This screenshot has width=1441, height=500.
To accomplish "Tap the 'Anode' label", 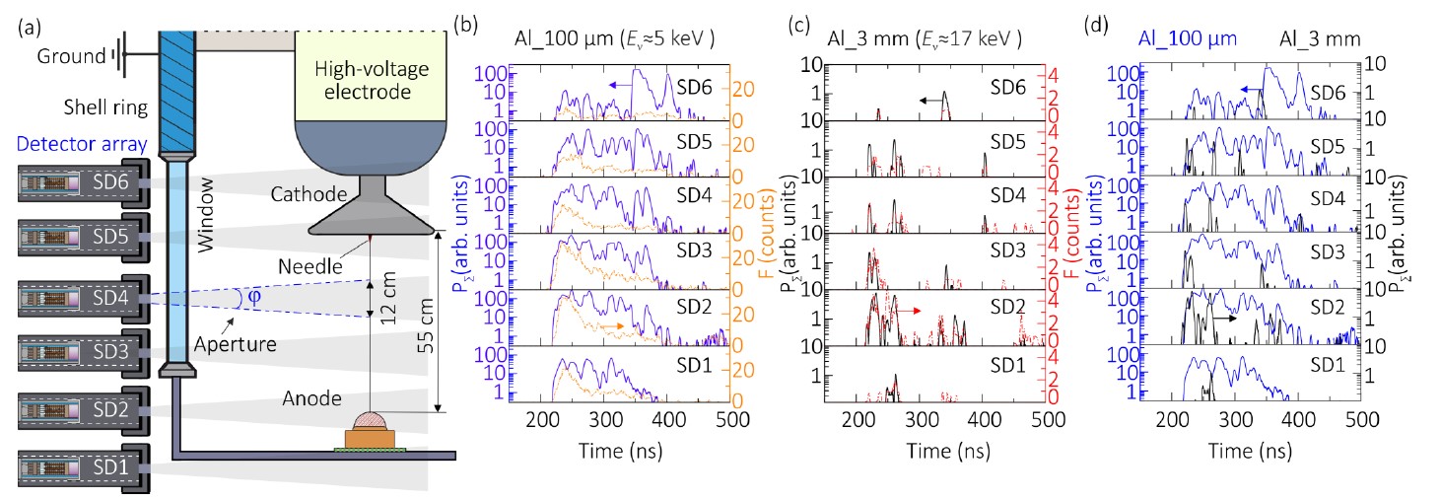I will [x=313, y=399].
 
